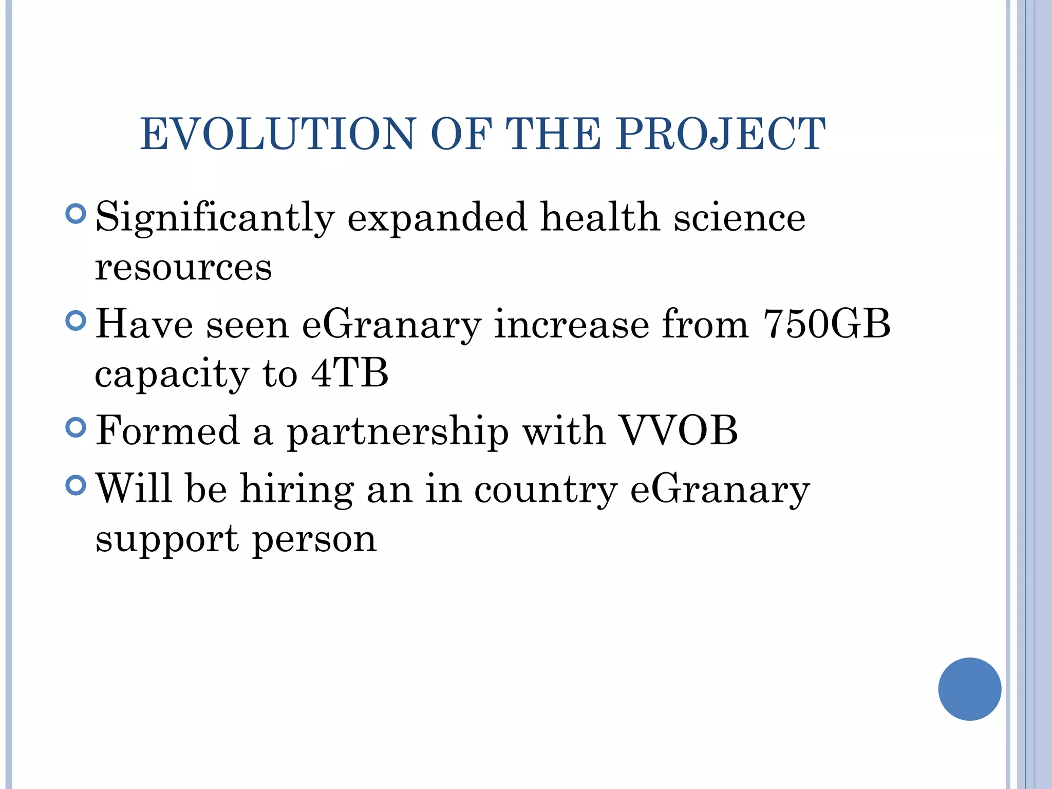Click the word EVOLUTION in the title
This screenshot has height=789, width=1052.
coord(277,135)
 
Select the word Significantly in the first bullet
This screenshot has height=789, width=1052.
coord(215,218)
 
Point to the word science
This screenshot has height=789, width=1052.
coord(740,218)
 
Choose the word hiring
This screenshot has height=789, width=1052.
coord(297,489)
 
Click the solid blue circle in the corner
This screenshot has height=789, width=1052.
coord(969,689)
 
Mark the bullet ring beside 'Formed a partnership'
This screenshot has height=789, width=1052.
coord(76,427)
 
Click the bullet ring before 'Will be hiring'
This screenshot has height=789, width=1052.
coord(76,484)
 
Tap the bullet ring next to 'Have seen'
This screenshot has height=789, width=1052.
coord(76,321)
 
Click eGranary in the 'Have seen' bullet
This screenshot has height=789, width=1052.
coord(391,326)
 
